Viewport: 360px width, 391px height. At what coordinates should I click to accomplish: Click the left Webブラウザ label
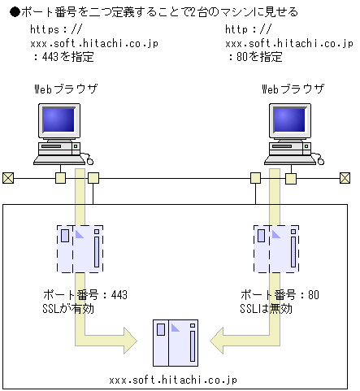point(67,88)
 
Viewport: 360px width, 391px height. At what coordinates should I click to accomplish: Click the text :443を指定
point(63,57)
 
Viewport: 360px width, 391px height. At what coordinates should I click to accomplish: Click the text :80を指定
point(254,57)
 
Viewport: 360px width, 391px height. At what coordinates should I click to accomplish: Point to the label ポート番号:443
point(84,295)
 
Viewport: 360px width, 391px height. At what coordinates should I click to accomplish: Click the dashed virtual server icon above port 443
point(80,248)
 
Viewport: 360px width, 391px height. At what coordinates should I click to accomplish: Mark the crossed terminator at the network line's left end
point(8,178)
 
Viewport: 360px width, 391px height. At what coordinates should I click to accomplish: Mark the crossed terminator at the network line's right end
point(345,178)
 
